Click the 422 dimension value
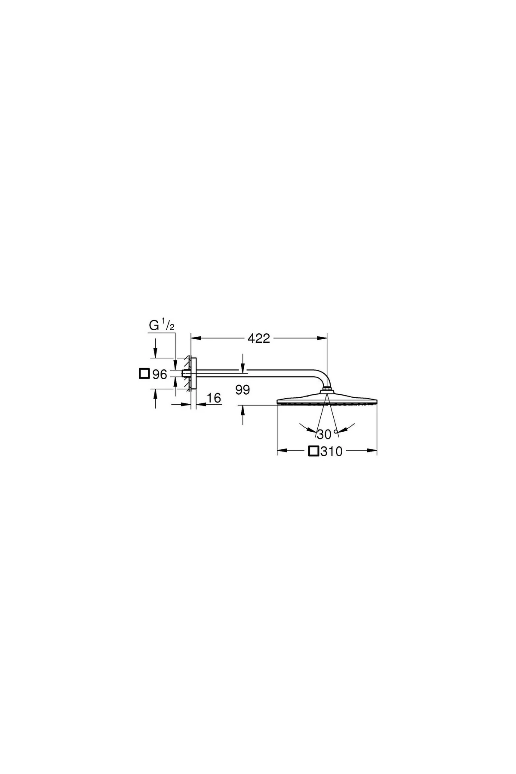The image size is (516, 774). (x=259, y=339)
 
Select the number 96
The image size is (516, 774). (x=160, y=375)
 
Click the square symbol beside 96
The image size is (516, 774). (x=144, y=374)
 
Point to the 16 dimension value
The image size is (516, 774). (x=214, y=399)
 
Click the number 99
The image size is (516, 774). (x=243, y=390)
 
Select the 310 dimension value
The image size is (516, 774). (x=332, y=451)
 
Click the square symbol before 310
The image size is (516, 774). (x=314, y=451)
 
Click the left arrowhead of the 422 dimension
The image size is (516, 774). (x=197, y=338)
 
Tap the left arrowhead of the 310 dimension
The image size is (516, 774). (x=283, y=451)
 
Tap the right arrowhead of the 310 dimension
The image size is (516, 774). (x=372, y=451)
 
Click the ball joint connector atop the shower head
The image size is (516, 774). (x=327, y=390)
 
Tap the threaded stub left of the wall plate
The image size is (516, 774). (x=186, y=374)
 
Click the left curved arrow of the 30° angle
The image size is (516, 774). (x=306, y=428)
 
